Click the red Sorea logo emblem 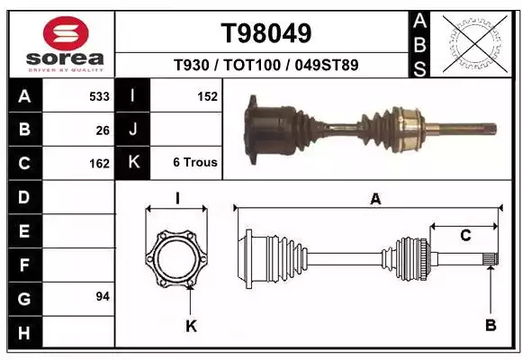coord(66,33)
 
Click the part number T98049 coord(266,33)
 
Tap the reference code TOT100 coord(252,65)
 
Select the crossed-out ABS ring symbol coord(475,43)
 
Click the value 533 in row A coord(99,96)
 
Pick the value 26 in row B coord(103,130)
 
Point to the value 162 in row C coord(99,164)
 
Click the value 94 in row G coord(103,296)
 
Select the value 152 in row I coord(207,96)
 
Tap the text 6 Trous coord(195,163)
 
